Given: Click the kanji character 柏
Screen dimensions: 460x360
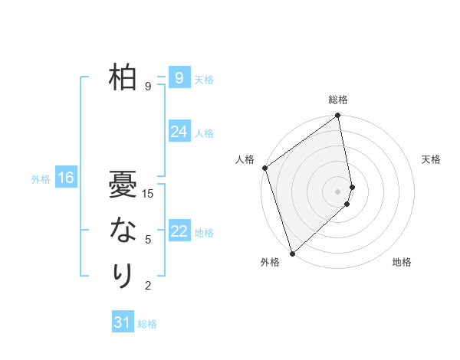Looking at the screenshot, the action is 123,78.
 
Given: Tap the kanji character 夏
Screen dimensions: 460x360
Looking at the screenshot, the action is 123,185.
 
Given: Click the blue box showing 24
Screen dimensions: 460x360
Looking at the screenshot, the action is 179,132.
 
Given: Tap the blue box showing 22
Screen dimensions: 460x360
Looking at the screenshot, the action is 179,231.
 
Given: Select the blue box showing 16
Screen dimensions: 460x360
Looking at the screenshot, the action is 65,178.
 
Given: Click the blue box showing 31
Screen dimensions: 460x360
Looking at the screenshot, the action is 123,322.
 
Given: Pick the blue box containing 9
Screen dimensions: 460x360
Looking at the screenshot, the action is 179,77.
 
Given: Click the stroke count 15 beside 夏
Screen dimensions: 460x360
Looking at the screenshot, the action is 149,194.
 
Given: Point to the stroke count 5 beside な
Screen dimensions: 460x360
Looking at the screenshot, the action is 148,240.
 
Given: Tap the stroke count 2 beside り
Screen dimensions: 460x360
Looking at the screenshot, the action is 148,286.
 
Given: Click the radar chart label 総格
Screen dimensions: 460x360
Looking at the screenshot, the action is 338,100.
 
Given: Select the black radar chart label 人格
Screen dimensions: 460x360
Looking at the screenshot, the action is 245,159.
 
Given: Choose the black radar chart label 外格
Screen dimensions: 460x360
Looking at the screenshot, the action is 270,263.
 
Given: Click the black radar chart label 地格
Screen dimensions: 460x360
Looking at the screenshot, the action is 402,263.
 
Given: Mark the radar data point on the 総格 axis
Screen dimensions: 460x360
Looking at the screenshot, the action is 338,116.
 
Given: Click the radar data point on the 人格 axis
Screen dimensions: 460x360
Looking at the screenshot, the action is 264,168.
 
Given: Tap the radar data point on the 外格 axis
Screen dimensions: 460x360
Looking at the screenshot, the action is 292,253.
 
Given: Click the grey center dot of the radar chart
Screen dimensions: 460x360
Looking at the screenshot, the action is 338,191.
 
